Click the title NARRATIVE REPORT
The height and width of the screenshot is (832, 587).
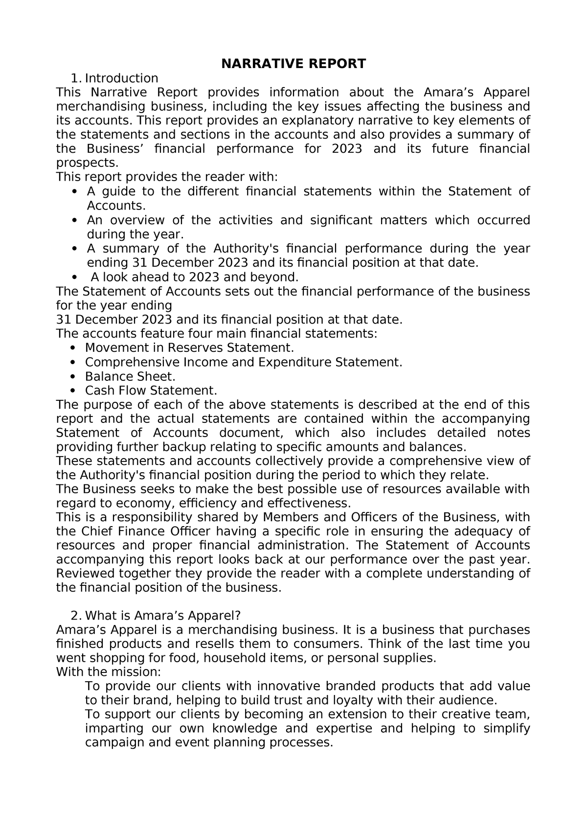[x=293, y=64]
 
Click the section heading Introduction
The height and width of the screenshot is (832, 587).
[x=121, y=78]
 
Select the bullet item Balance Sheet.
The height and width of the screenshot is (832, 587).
[x=130, y=376]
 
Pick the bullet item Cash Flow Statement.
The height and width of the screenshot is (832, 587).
[x=151, y=391]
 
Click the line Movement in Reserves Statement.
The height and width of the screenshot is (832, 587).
[x=189, y=348]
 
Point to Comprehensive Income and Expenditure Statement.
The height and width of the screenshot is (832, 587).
[x=243, y=362]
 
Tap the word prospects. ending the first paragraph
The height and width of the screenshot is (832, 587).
[x=87, y=163]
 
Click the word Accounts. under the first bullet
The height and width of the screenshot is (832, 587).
[x=116, y=206]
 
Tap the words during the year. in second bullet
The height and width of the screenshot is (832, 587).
[x=135, y=234]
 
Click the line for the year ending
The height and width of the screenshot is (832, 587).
[x=114, y=306]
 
